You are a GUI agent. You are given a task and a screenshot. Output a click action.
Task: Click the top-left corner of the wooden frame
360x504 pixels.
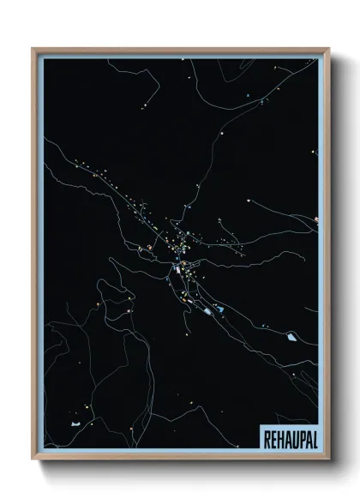[33, 48]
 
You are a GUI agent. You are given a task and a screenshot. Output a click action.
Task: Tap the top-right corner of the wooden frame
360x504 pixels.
[328, 48]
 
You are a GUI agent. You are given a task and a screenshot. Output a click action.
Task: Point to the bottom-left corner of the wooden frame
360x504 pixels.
[33, 459]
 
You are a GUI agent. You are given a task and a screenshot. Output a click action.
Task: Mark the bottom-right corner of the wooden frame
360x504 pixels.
[328, 459]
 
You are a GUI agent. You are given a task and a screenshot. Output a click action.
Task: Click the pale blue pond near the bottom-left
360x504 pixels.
[77, 423]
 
